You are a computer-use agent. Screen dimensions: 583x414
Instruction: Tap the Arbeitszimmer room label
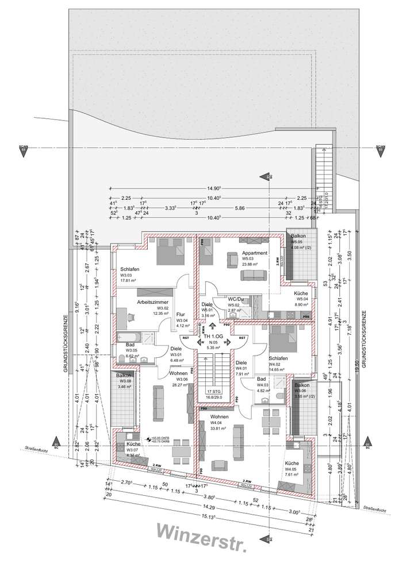coord(152,302)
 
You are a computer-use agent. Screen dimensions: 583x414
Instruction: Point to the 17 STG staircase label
coord(213,392)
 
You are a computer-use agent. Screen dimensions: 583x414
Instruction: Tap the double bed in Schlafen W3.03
coord(169,250)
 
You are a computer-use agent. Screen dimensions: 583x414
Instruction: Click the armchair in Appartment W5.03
coord(232,260)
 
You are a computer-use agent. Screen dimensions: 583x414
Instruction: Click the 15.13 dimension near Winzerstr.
coord(206,516)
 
